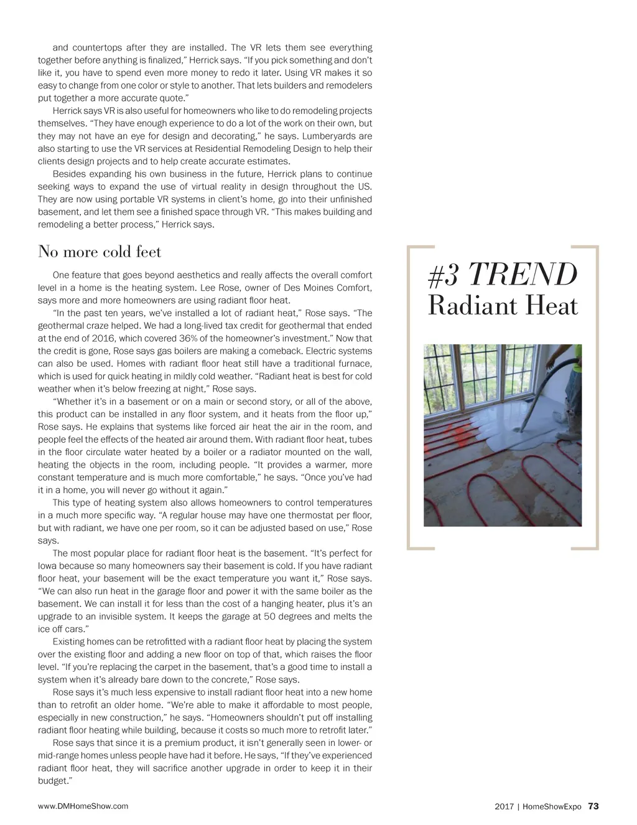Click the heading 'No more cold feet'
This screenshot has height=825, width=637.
[x=100, y=252]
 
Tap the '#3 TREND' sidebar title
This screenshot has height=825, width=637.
[x=503, y=275]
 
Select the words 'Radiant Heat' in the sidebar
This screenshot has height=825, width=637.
[x=503, y=306]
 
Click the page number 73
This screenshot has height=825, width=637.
[x=593, y=806]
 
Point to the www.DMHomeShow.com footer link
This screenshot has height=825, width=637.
[x=83, y=806]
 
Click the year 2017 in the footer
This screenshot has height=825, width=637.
[x=504, y=807]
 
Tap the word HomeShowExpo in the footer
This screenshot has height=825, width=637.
[x=552, y=807]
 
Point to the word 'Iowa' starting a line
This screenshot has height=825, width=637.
[x=47, y=566]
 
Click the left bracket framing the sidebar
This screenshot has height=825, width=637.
[x=411, y=398]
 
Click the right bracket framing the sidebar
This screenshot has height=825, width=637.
[x=595, y=398]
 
